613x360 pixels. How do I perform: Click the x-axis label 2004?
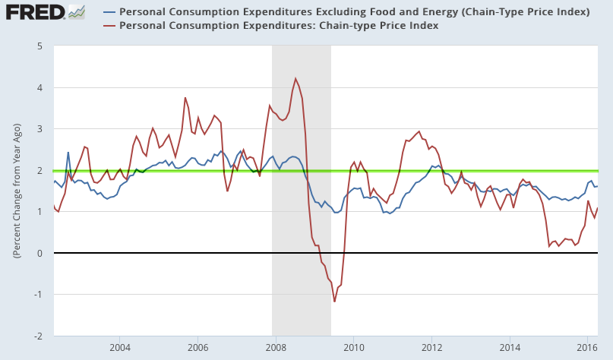click(x=119, y=347)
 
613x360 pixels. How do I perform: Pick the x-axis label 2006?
click(x=197, y=347)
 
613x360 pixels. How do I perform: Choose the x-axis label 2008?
click(x=275, y=347)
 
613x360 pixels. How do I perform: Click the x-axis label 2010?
click(x=353, y=347)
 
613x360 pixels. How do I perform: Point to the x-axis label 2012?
click(x=431, y=347)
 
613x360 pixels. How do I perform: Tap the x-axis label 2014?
click(x=509, y=347)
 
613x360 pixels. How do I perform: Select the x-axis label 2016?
click(x=587, y=347)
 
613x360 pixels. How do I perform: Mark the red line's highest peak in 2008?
click(x=295, y=78)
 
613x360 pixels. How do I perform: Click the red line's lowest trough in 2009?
click(x=334, y=302)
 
